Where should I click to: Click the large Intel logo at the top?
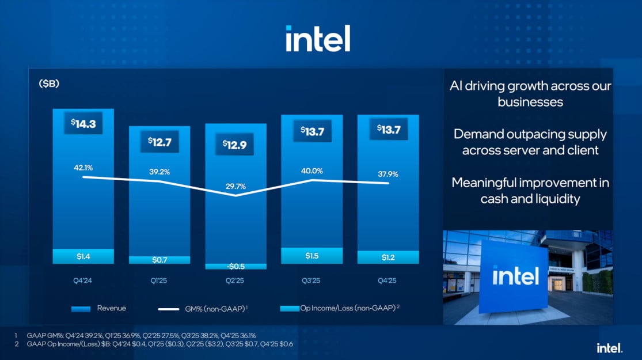318,38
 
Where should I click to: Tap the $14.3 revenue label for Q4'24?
83,123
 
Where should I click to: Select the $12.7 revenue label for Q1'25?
159,141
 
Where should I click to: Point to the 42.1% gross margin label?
83,168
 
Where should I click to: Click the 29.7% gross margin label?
236,186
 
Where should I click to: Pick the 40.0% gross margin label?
311,170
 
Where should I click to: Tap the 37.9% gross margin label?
388,174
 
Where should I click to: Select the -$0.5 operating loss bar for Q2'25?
236,266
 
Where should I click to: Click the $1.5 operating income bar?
311,256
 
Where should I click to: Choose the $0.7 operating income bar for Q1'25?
159,260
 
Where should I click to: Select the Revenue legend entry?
98,308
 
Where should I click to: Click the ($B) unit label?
49,84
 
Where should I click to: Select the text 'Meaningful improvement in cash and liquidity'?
530,191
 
